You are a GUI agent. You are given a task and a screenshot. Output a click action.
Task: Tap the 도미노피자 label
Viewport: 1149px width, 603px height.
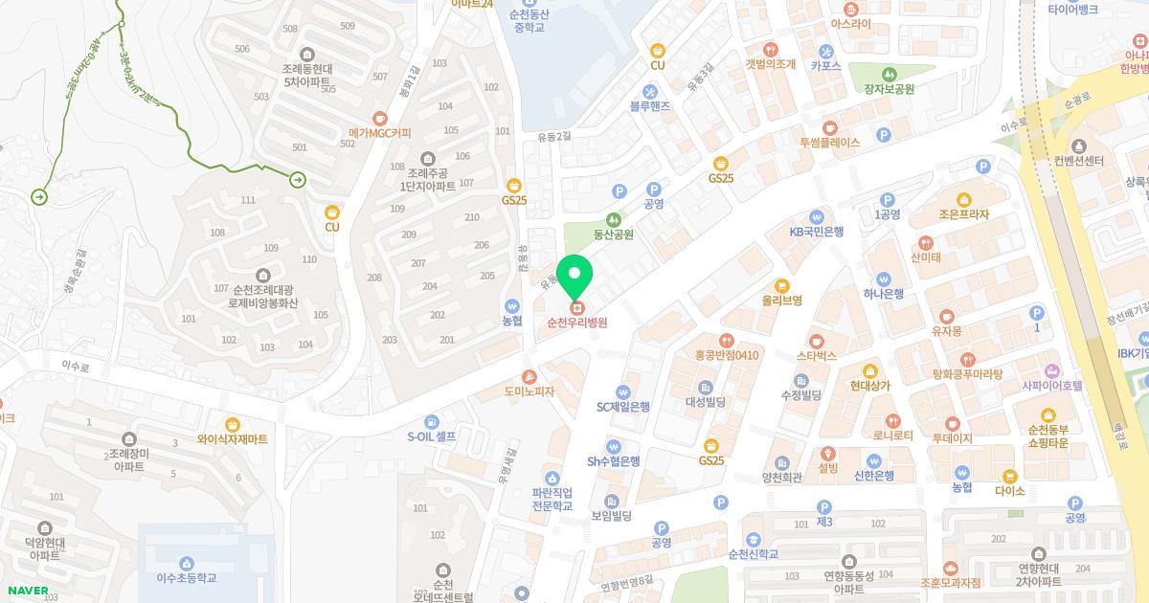coord(529,391)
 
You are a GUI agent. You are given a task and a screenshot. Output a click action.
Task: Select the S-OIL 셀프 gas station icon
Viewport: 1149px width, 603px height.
coord(432,422)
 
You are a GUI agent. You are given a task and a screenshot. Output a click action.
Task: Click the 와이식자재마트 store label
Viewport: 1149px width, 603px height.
coord(233,439)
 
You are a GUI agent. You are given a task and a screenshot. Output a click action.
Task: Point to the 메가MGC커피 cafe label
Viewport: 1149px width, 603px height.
coord(380,133)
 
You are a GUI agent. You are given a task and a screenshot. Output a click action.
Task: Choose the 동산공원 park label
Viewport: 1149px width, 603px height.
coord(614,234)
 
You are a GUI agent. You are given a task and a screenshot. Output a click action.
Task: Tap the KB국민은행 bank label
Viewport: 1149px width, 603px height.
coord(816,231)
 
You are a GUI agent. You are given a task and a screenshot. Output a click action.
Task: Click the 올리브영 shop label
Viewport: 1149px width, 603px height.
coord(781,300)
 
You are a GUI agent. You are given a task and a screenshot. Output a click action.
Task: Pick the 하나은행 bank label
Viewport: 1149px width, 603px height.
coord(883,294)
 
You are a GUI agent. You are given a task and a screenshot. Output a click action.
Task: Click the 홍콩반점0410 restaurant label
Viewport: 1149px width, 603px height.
coord(727,355)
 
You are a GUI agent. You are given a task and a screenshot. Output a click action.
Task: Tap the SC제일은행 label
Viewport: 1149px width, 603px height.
coord(623,406)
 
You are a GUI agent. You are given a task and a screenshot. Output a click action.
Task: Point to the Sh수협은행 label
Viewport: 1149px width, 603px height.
coord(614,460)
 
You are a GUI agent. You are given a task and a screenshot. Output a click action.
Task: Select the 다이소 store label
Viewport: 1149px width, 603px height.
coord(1009,490)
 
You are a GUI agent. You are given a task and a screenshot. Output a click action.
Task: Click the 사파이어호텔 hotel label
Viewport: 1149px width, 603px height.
coord(1051,386)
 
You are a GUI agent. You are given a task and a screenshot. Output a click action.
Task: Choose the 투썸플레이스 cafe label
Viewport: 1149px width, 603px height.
coord(829,142)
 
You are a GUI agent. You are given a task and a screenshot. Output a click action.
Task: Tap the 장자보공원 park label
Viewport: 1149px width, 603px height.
coord(890,89)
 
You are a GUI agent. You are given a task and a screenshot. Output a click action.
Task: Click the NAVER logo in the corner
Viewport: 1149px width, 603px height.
coord(25,590)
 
